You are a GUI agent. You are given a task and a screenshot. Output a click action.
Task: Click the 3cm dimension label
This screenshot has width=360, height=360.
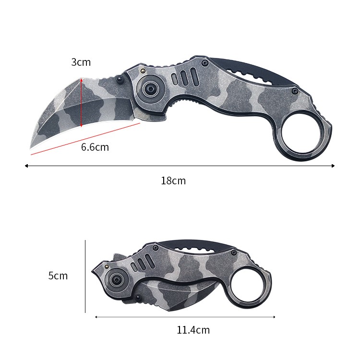[81, 62]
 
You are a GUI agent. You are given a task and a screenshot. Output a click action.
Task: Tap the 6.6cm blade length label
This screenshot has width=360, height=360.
[95, 147]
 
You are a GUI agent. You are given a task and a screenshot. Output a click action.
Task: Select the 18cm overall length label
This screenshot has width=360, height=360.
[173, 180]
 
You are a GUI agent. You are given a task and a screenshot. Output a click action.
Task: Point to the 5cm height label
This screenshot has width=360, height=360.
[58, 276]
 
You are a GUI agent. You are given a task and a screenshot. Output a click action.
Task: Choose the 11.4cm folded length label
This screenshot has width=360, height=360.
[193, 330]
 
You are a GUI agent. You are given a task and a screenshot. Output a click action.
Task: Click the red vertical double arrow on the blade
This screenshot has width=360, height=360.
[81, 102]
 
